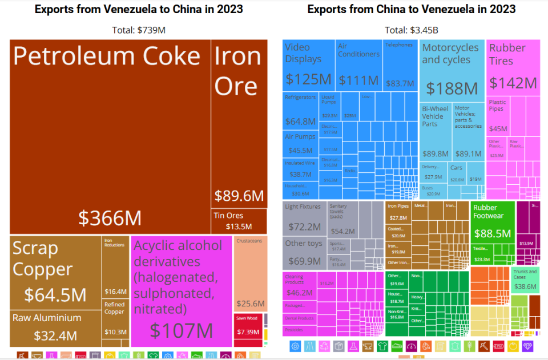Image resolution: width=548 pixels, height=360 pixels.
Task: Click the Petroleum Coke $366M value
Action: point(110,218)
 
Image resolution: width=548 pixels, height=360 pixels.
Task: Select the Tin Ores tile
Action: point(239,221)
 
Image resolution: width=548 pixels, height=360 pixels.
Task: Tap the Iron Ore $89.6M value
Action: point(239,196)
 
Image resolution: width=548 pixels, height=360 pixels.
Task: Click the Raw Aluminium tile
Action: point(56,329)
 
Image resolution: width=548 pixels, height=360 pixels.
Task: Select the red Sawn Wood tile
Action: point(248,328)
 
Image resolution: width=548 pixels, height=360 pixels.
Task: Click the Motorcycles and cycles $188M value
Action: point(452,88)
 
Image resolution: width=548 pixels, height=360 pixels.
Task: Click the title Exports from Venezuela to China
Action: point(139,9)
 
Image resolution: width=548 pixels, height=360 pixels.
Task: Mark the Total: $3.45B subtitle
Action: point(411,30)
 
